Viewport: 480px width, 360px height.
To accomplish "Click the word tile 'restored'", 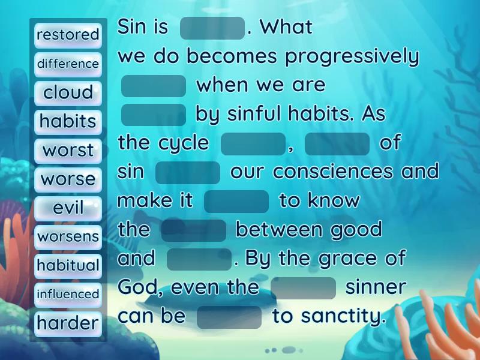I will coord(68,35).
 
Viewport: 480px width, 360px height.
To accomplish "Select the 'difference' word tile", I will coord(68,64).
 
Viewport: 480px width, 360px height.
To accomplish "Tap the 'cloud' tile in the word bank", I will coord(68,92).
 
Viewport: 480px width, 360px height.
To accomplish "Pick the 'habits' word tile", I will coord(68,121).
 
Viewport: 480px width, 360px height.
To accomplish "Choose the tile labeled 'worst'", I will coord(68,150).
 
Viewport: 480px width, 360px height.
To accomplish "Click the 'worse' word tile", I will coord(68,179).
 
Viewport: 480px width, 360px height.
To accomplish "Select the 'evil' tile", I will coord(68,208).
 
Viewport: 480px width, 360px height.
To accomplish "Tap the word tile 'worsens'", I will coord(68,236).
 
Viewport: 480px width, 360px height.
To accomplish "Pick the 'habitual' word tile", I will coord(68,265).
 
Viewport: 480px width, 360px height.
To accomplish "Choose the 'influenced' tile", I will coord(68,294).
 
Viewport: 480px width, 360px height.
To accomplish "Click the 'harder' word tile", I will coord(68,323).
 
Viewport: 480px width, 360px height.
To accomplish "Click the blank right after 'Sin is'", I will coord(212,28).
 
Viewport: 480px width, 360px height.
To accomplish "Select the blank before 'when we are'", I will coord(154,86).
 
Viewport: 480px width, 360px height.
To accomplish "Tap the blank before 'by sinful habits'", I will coord(154,115).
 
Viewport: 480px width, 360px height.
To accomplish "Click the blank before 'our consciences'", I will coord(188,172).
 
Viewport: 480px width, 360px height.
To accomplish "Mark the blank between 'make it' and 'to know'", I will coord(236,201).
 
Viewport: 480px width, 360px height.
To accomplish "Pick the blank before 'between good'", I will coord(194,230).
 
